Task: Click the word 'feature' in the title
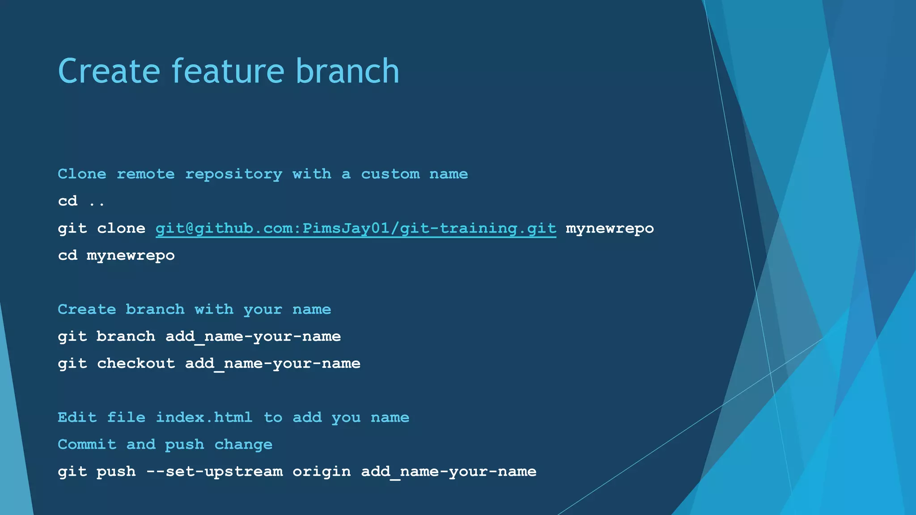click(x=228, y=71)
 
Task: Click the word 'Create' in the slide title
click(x=109, y=71)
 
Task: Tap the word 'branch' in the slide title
click(x=347, y=71)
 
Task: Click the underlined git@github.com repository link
click(x=356, y=228)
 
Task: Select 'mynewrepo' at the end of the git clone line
click(x=610, y=228)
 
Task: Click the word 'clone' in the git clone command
click(x=121, y=228)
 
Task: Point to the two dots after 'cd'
click(x=97, y=202)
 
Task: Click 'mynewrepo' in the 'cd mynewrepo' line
click(x=131, y=256)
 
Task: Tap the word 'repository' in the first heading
click(x=233, y=174)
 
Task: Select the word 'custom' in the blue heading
click(x=390, y=174)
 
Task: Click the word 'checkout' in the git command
click(x=136, y=363)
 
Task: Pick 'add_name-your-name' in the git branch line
click(x=253, y=337)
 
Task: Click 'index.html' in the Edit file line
click(x=204, y=418)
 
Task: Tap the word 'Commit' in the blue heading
click(x=87, y=444)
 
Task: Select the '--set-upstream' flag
click(x=215, y=472)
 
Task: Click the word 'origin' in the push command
click(x=322, y=472)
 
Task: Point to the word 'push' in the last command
click(x=116, y=472)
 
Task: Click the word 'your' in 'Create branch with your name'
click(x=263, y=310)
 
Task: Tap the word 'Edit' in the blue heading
click(x=77, y=418)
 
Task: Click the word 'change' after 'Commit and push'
click(x=243, y=444)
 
